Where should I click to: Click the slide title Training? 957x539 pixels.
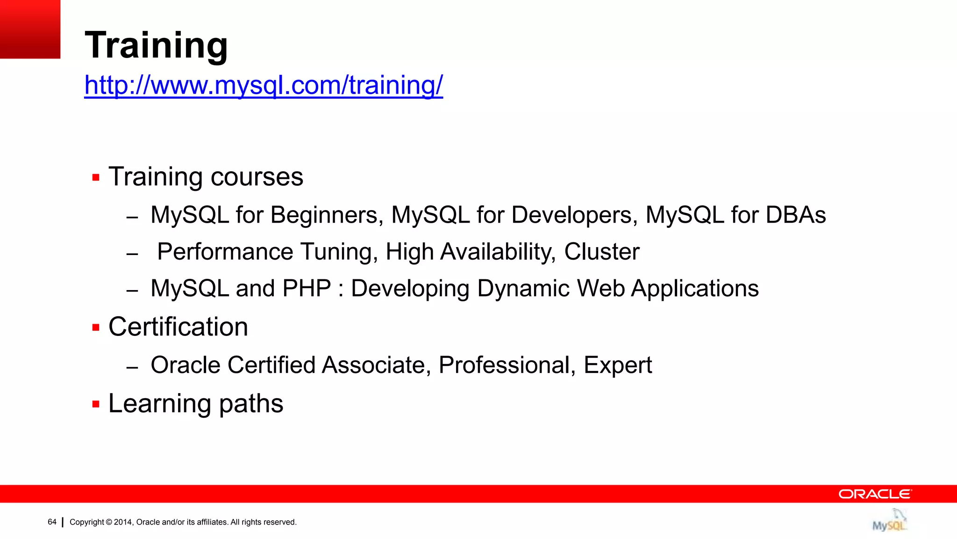click(156, 45)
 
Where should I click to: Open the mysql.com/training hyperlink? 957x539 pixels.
click(264, 86)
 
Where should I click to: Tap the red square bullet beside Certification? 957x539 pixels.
click(96, 328)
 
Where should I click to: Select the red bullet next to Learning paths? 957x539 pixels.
click(96, 404)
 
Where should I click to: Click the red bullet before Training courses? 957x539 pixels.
click(96, 178)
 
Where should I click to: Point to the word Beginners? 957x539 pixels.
click(327, 215)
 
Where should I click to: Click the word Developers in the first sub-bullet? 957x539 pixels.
click(574, 215)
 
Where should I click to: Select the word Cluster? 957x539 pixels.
click(601, 252)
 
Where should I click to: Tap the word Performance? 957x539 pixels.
click(225, 252)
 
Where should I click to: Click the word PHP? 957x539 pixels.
click(307, 288)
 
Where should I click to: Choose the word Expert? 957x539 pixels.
click(617, 365)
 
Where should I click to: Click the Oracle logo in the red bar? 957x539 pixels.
click(875, 494)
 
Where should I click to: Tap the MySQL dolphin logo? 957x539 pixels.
click(889, 520)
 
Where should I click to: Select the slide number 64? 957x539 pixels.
click(52, 522)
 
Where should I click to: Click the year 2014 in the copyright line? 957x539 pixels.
click(123, 522)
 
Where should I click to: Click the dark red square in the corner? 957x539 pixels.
click(30, 29)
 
